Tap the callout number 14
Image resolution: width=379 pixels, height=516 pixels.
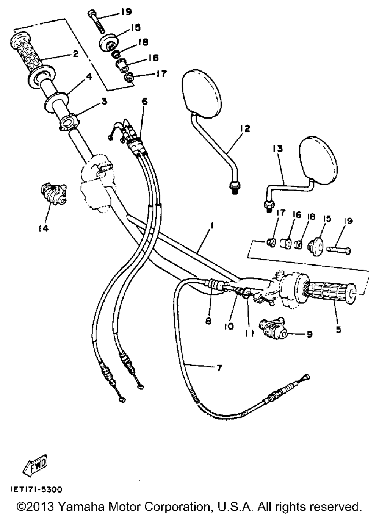click(x=43, y=228)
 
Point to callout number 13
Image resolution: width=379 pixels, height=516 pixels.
click(x=277, y=149)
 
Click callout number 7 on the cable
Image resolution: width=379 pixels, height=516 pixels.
click(x=219, y=367)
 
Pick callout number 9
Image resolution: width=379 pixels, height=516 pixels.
click(x=309, y=334)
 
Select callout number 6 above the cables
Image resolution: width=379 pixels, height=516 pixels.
click(x=144, y=101)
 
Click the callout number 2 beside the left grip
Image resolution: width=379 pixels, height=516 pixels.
click(x=75, y=54)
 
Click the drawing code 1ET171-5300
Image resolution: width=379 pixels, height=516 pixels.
click(x=34, y=489)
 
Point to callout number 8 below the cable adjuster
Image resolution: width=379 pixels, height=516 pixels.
click(x=208, y=321)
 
